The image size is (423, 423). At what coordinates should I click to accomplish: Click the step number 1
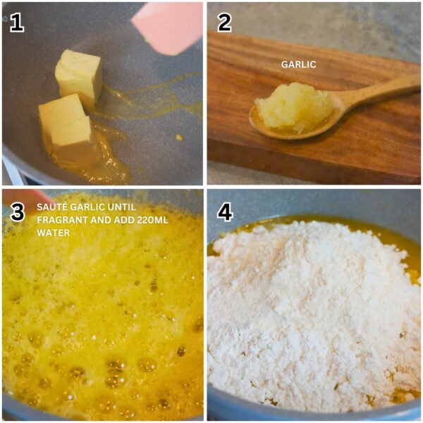17,23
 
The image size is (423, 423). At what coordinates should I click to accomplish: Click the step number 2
224,23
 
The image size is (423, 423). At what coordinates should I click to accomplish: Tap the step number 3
18,212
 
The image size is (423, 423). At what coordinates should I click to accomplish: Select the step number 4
225,212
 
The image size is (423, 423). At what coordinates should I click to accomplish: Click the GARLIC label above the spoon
298,64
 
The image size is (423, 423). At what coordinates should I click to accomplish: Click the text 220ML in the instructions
152,220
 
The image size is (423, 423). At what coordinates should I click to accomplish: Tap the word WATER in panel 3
53,233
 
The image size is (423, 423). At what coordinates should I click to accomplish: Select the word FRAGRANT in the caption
62,220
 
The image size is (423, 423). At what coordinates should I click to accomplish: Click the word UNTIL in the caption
122,207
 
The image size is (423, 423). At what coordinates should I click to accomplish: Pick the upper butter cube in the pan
78,75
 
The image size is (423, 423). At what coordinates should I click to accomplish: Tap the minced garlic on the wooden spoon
294,108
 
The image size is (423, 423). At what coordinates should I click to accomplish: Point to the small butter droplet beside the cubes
178,137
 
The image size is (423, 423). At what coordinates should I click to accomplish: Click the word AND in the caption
101,220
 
